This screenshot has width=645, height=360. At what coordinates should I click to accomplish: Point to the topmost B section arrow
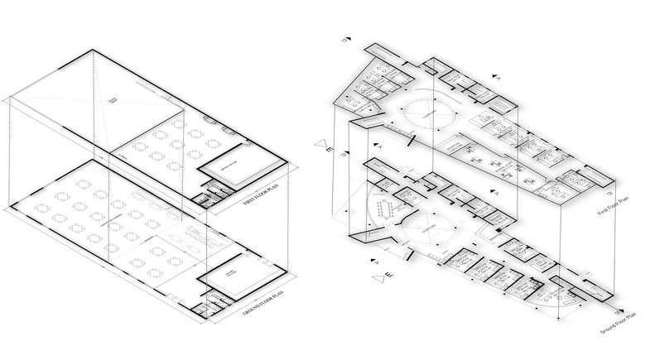coord(349,39)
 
